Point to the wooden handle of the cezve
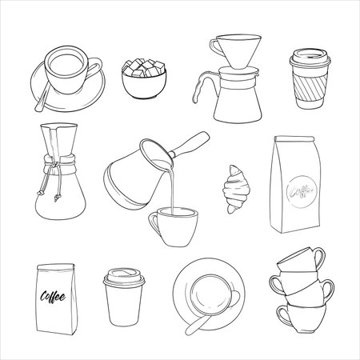[x=190, y=146]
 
